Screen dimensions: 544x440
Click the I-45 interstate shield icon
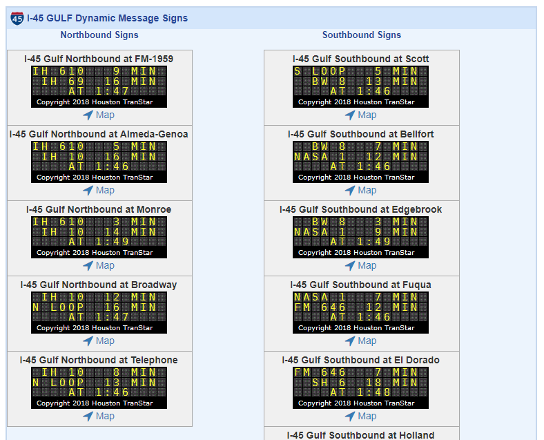tap(17, 19)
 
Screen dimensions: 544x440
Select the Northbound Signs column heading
tap(99, 35)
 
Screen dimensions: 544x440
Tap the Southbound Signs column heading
tap(362, 35)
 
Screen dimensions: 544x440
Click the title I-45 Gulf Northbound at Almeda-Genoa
tap(99, 134)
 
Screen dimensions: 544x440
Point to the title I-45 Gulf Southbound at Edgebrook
tap(361, 209)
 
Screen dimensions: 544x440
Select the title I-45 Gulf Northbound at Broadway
tap(99, 285)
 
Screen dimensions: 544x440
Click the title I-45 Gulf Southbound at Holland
tap(360, 435)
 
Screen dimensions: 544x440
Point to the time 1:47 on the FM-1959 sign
tap(112, 91)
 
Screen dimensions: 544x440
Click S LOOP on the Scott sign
tap(320, 71)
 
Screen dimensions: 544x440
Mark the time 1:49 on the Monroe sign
tap(112, 242)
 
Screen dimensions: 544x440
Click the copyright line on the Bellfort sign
tap(356, 178)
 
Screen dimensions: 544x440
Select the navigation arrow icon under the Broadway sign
tap(88, 341)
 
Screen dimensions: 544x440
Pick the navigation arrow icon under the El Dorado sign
tap(350, 417)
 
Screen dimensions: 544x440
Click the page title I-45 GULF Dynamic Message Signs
tap(107, 18)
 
